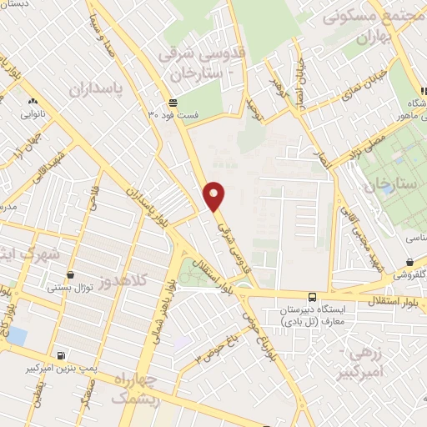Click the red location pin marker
[x=215, y=196]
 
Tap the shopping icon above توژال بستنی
[x=70, y=274]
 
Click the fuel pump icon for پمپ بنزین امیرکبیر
[x=60, y=354]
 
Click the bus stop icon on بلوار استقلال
[x=312, y=296]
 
